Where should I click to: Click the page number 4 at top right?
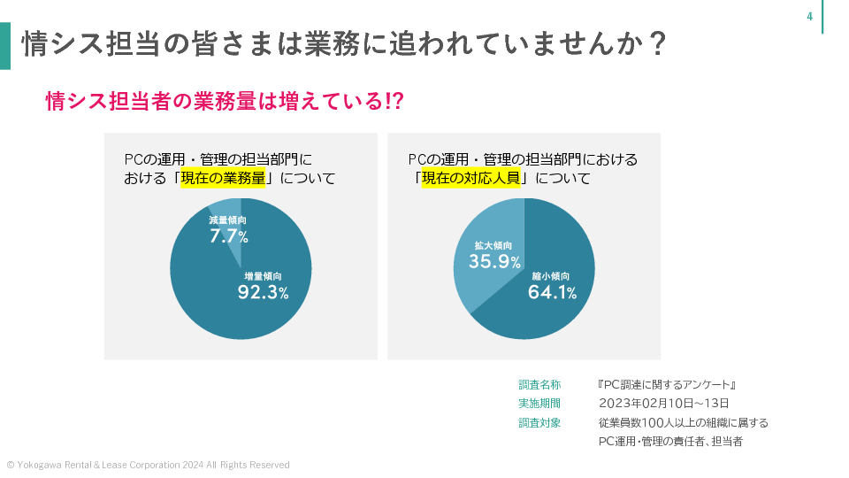click(809, 17)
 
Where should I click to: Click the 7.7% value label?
click(228, 236)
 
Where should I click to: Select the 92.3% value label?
click(263, 293)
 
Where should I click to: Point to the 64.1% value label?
click(552, 293)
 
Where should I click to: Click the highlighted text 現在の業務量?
click(223, 178)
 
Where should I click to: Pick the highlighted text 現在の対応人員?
click(469, 178)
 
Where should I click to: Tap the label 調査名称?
click(539, 385)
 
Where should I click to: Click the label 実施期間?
click(539, 404)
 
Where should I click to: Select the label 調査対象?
click(539, 422)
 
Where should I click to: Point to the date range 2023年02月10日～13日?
click(663, 404)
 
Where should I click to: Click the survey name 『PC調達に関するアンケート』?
click(668, 385)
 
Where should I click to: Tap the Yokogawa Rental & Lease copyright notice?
click(148, 465)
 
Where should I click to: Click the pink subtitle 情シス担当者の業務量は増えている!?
click(225, 101)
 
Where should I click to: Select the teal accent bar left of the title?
click(5, 45)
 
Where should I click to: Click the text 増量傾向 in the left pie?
click(263, 276)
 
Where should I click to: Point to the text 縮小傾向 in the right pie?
click(551, 276)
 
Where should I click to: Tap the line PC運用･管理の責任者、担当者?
click(669, 441)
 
